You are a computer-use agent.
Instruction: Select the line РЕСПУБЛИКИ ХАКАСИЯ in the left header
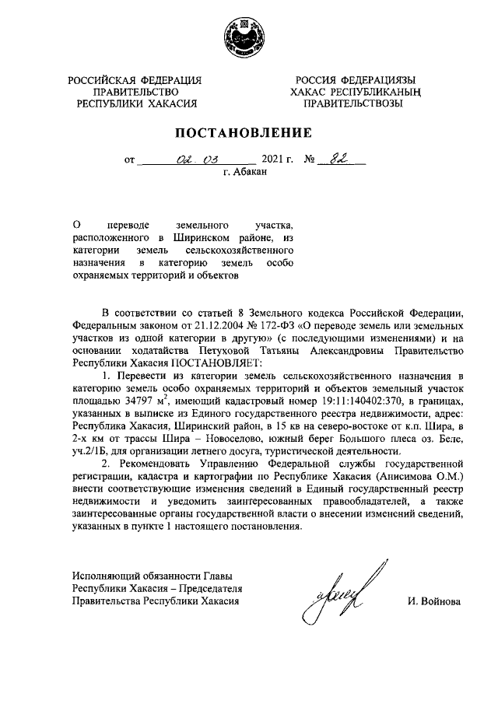135,102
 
